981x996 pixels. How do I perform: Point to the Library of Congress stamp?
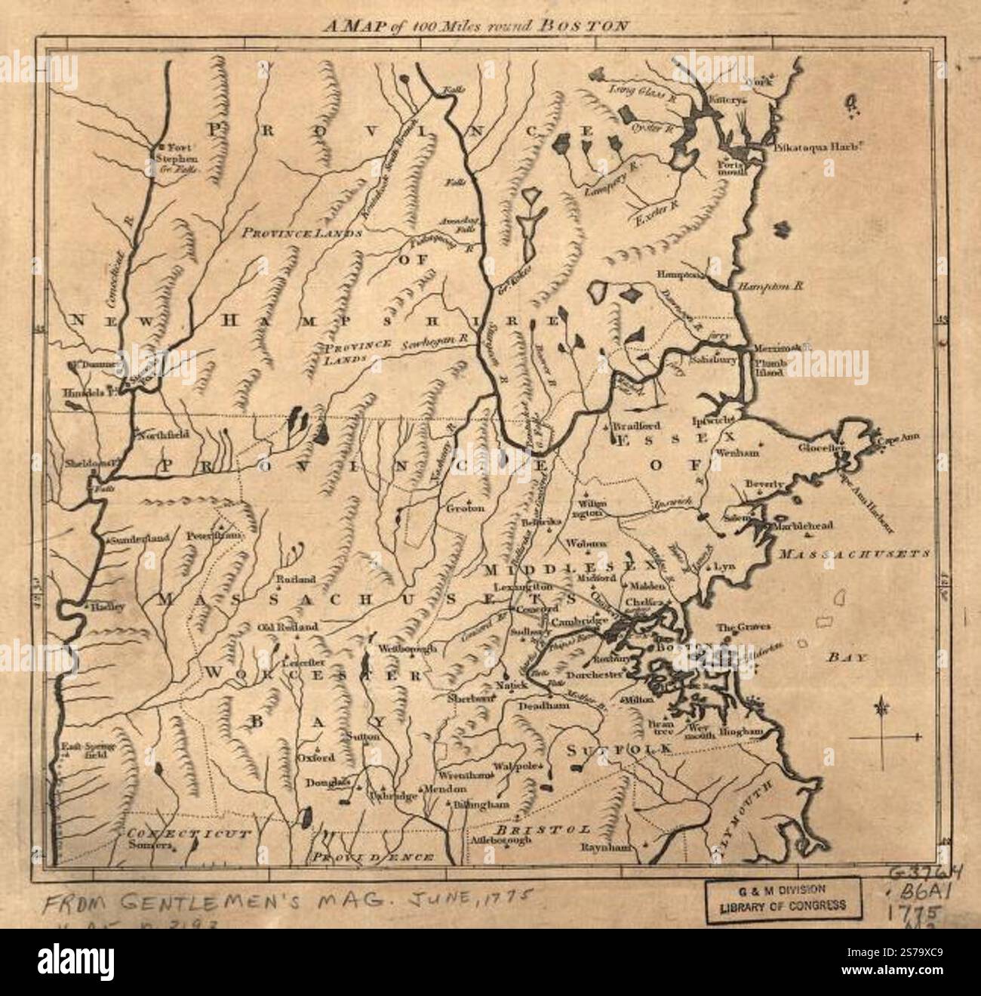[x=783, y=899]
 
